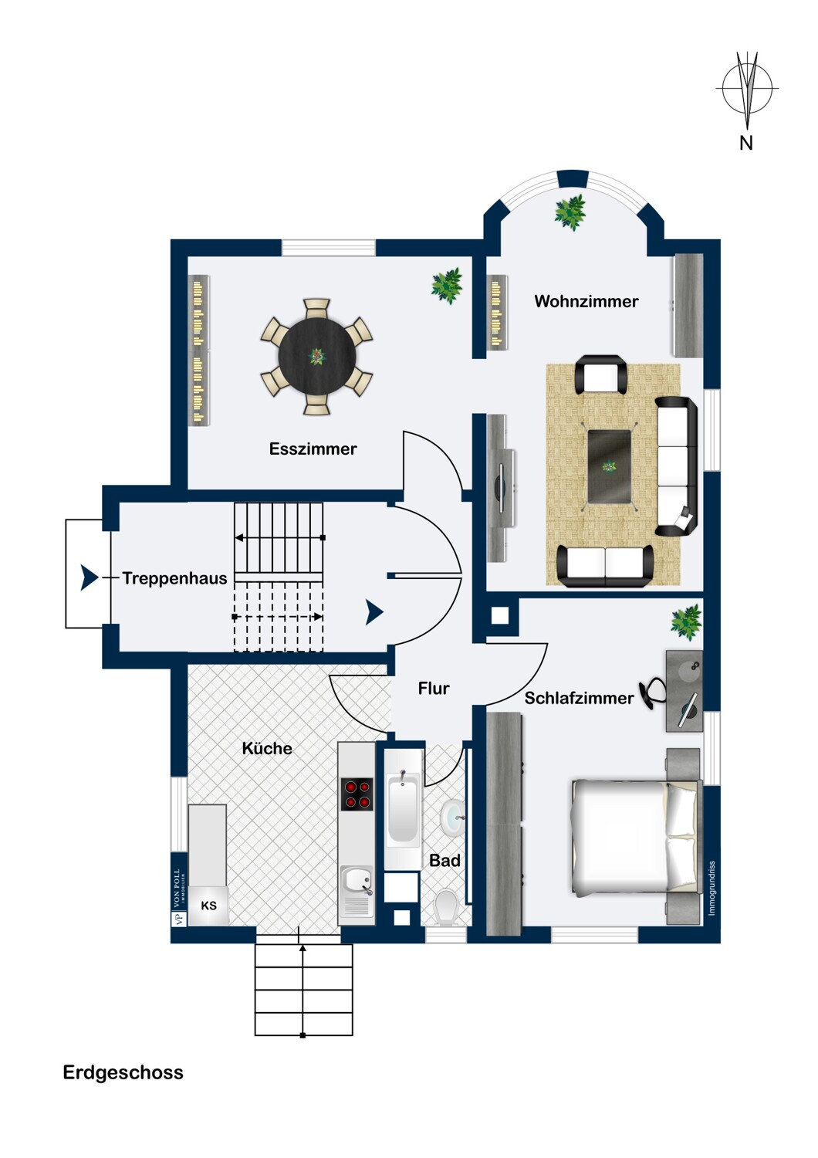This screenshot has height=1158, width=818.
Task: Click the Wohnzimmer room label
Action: (586, 301)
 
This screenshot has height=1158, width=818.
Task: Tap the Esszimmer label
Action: (313, 449)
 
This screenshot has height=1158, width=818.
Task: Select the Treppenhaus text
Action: (174, 578)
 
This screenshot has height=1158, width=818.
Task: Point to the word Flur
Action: (434, 688)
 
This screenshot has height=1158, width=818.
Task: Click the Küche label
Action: (267, 748)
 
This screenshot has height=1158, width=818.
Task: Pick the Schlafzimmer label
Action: (579, 698)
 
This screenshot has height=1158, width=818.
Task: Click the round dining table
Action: (317, 357)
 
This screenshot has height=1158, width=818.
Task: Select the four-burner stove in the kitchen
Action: (357, 793)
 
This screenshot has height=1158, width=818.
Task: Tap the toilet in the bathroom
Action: (445, 907)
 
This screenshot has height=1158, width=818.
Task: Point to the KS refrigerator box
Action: (208, 906)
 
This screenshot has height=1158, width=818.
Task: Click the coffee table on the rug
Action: (610, 466)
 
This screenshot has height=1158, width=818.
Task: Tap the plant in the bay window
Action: (570, 212)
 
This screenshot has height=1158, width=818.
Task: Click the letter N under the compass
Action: (745, 143)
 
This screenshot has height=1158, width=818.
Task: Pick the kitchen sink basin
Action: (357, 879)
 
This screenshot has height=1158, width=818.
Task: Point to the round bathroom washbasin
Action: (453, 818)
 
